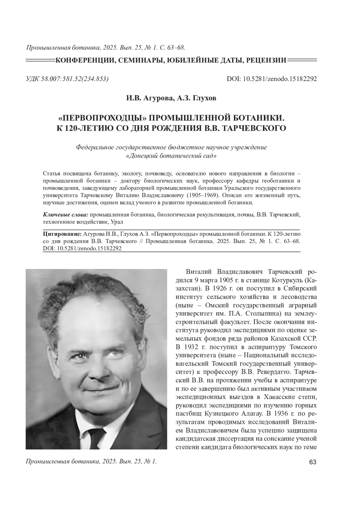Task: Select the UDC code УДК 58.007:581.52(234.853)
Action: pos(67,79)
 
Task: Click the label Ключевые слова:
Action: pos(66,215)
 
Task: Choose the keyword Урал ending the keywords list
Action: pos(117,222)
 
